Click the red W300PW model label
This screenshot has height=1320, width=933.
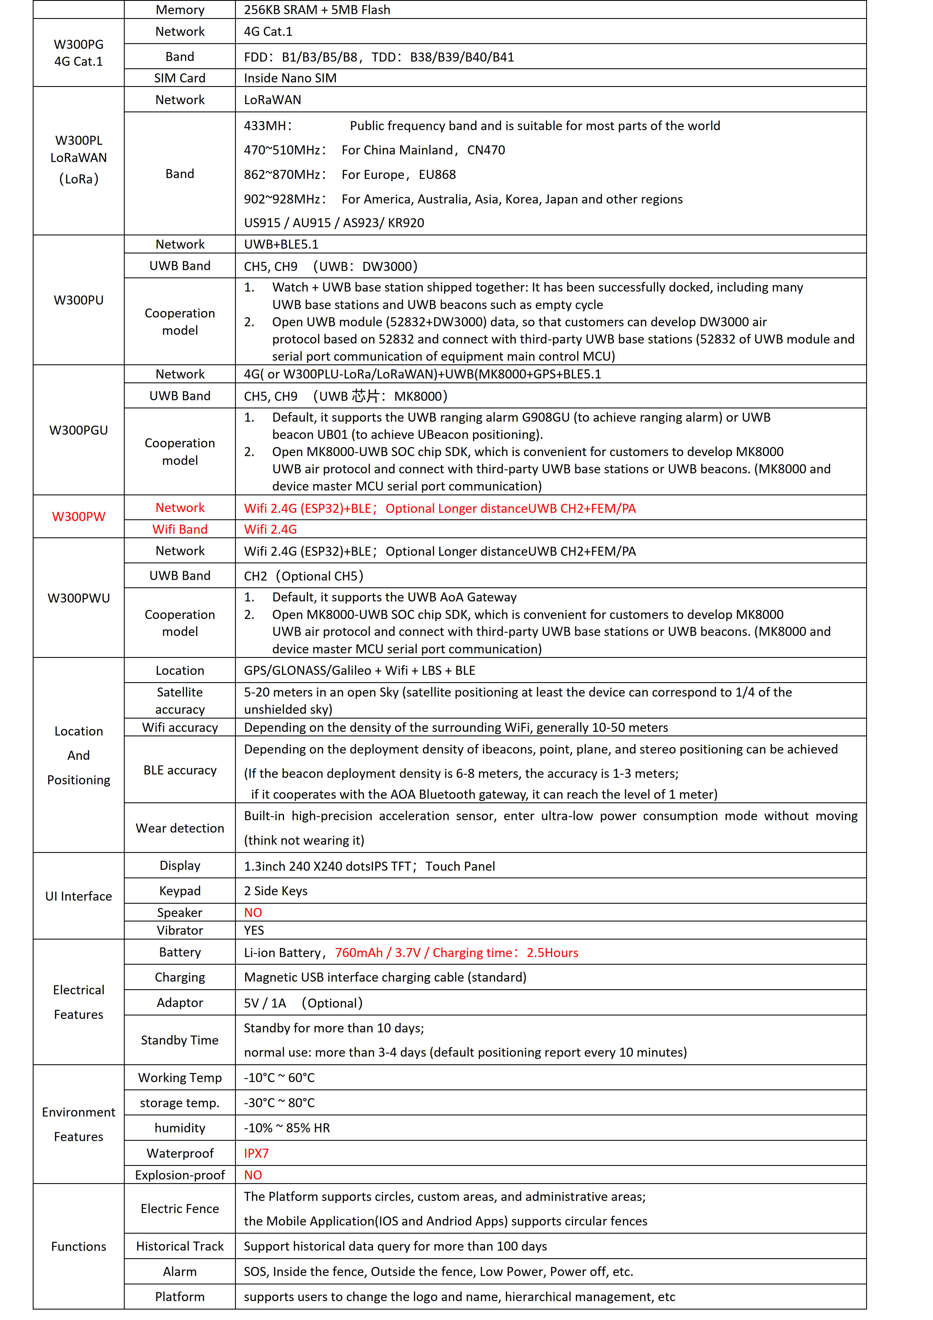pyautogui.click(x=79, y=516)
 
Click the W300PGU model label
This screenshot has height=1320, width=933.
pyautogui.click(x=79, y=430)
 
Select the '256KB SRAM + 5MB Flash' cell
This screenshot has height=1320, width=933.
pyautogui.click(x=317, y=10)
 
